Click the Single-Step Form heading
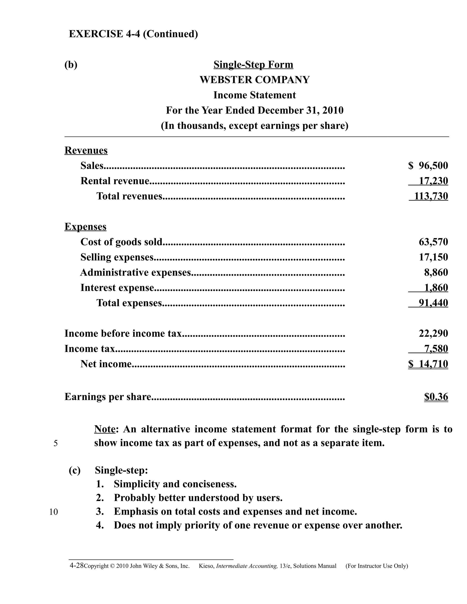pos(253,65)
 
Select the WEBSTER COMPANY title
pos(254,80)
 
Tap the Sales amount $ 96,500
pos(428,166)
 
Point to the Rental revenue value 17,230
pos(433,181)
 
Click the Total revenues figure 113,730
pos(431,196)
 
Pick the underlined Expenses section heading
pos(86,227)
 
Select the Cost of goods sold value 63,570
pos(433,242)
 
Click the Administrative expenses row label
pos(136,272)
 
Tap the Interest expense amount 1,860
pos(436,288)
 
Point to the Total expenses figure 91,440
pos(433,303)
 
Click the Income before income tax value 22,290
pos(433,333)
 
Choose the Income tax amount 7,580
pos(436,348)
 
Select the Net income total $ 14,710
pos(428,364)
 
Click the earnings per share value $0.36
pos(436,397)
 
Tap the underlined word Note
pos(105,429)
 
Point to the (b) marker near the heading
pos(71,65)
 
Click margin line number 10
pos(54,512)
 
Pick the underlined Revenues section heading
pos(86,150)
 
